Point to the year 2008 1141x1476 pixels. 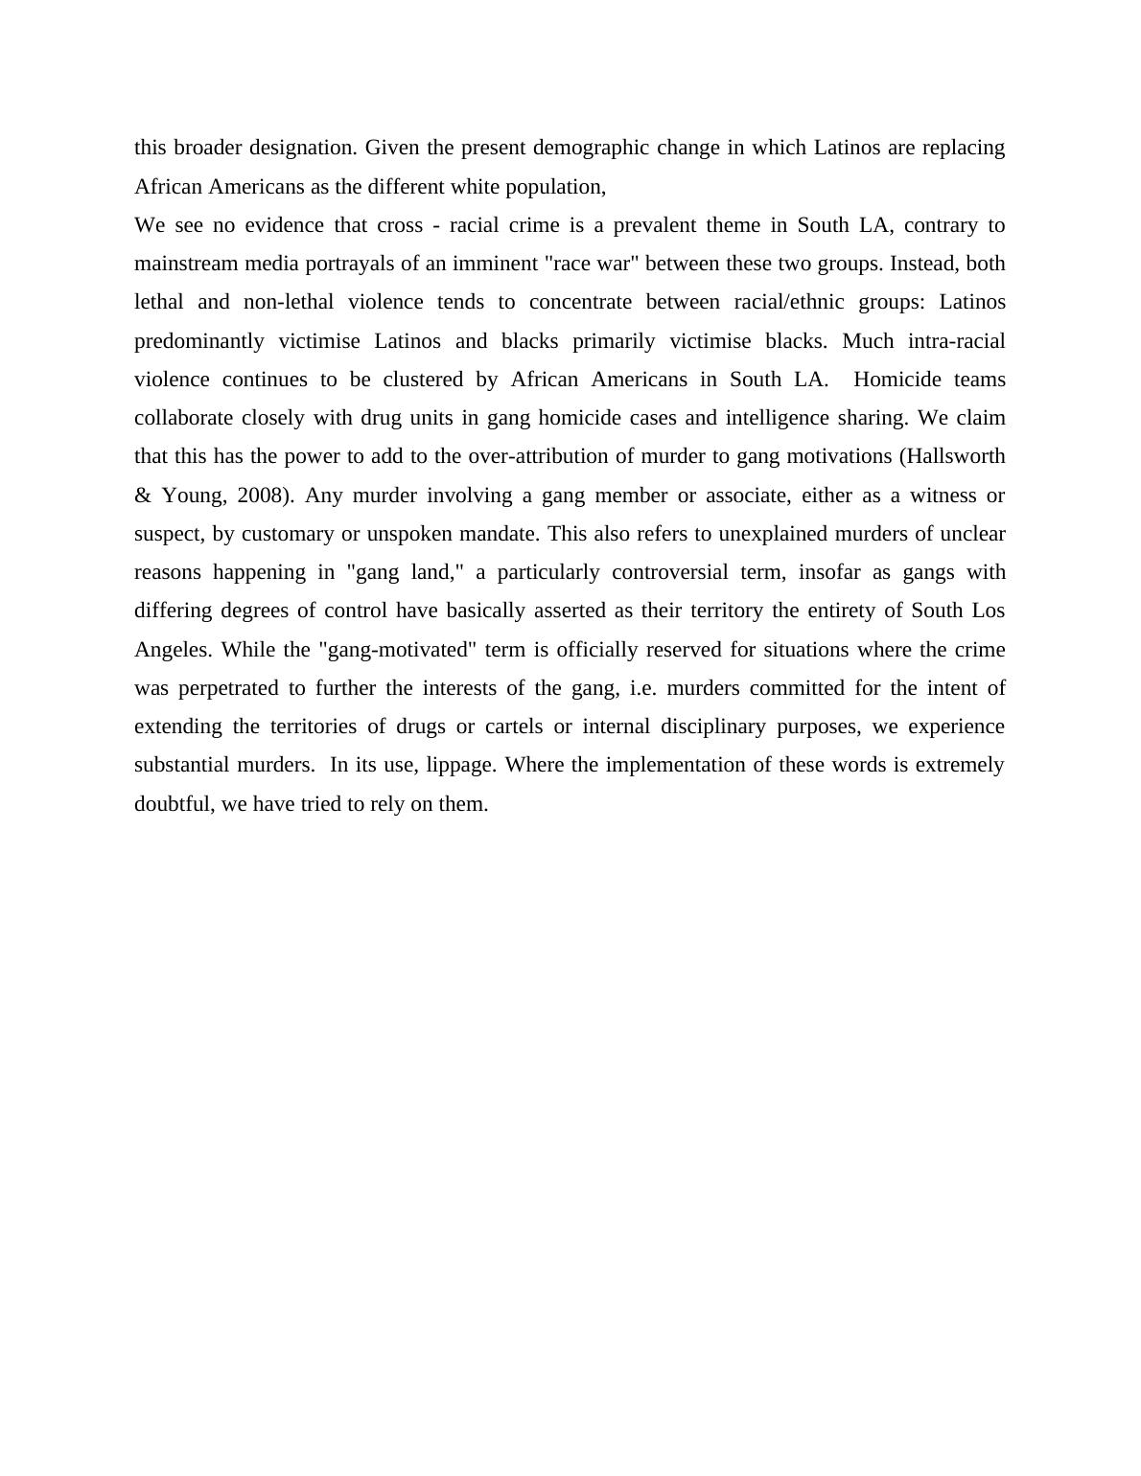[263, 496]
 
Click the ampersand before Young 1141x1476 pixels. [143, 496]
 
